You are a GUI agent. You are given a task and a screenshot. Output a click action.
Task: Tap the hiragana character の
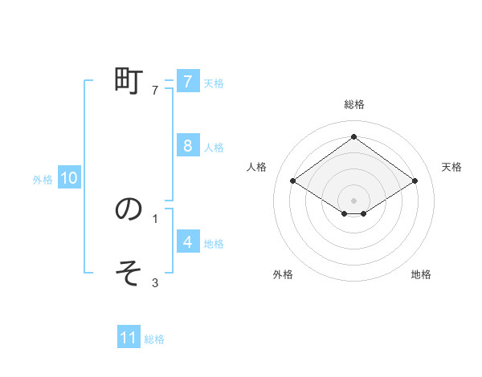(x=129, y=209)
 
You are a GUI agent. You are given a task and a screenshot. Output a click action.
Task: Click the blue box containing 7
(x=187, y=81)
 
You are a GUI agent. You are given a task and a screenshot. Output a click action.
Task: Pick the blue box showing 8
(x=187, y=145)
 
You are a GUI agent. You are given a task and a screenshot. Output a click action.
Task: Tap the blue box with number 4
(x=187, y=241)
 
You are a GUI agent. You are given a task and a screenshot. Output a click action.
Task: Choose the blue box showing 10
(x=69, y=178)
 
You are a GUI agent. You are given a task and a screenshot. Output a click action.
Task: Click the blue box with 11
(x=129, y=338)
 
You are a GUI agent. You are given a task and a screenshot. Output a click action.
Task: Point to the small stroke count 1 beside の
(x=155, y=217)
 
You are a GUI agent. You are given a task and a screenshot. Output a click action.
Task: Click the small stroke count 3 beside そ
(x=155, y=282)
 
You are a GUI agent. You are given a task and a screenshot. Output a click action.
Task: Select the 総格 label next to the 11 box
(x=154, y=339)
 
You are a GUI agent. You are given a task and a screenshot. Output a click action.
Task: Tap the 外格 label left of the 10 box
(x=43, y=180)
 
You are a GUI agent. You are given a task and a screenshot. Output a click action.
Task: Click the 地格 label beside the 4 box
(x=214, y=243)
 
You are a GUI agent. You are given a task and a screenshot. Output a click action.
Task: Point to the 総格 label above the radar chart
(x=354, y=104)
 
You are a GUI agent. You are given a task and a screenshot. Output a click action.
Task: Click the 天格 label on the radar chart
(x=452, y=167)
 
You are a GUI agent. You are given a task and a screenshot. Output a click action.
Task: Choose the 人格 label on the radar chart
(x=256, y=167)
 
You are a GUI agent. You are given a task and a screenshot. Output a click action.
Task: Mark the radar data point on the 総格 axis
(x=354, y=136)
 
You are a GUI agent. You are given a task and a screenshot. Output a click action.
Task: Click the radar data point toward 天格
(x=415, y=181)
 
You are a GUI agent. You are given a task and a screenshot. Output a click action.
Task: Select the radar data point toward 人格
(x=293, y=181)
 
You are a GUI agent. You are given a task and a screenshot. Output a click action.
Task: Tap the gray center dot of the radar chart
(x=354, y=200)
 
